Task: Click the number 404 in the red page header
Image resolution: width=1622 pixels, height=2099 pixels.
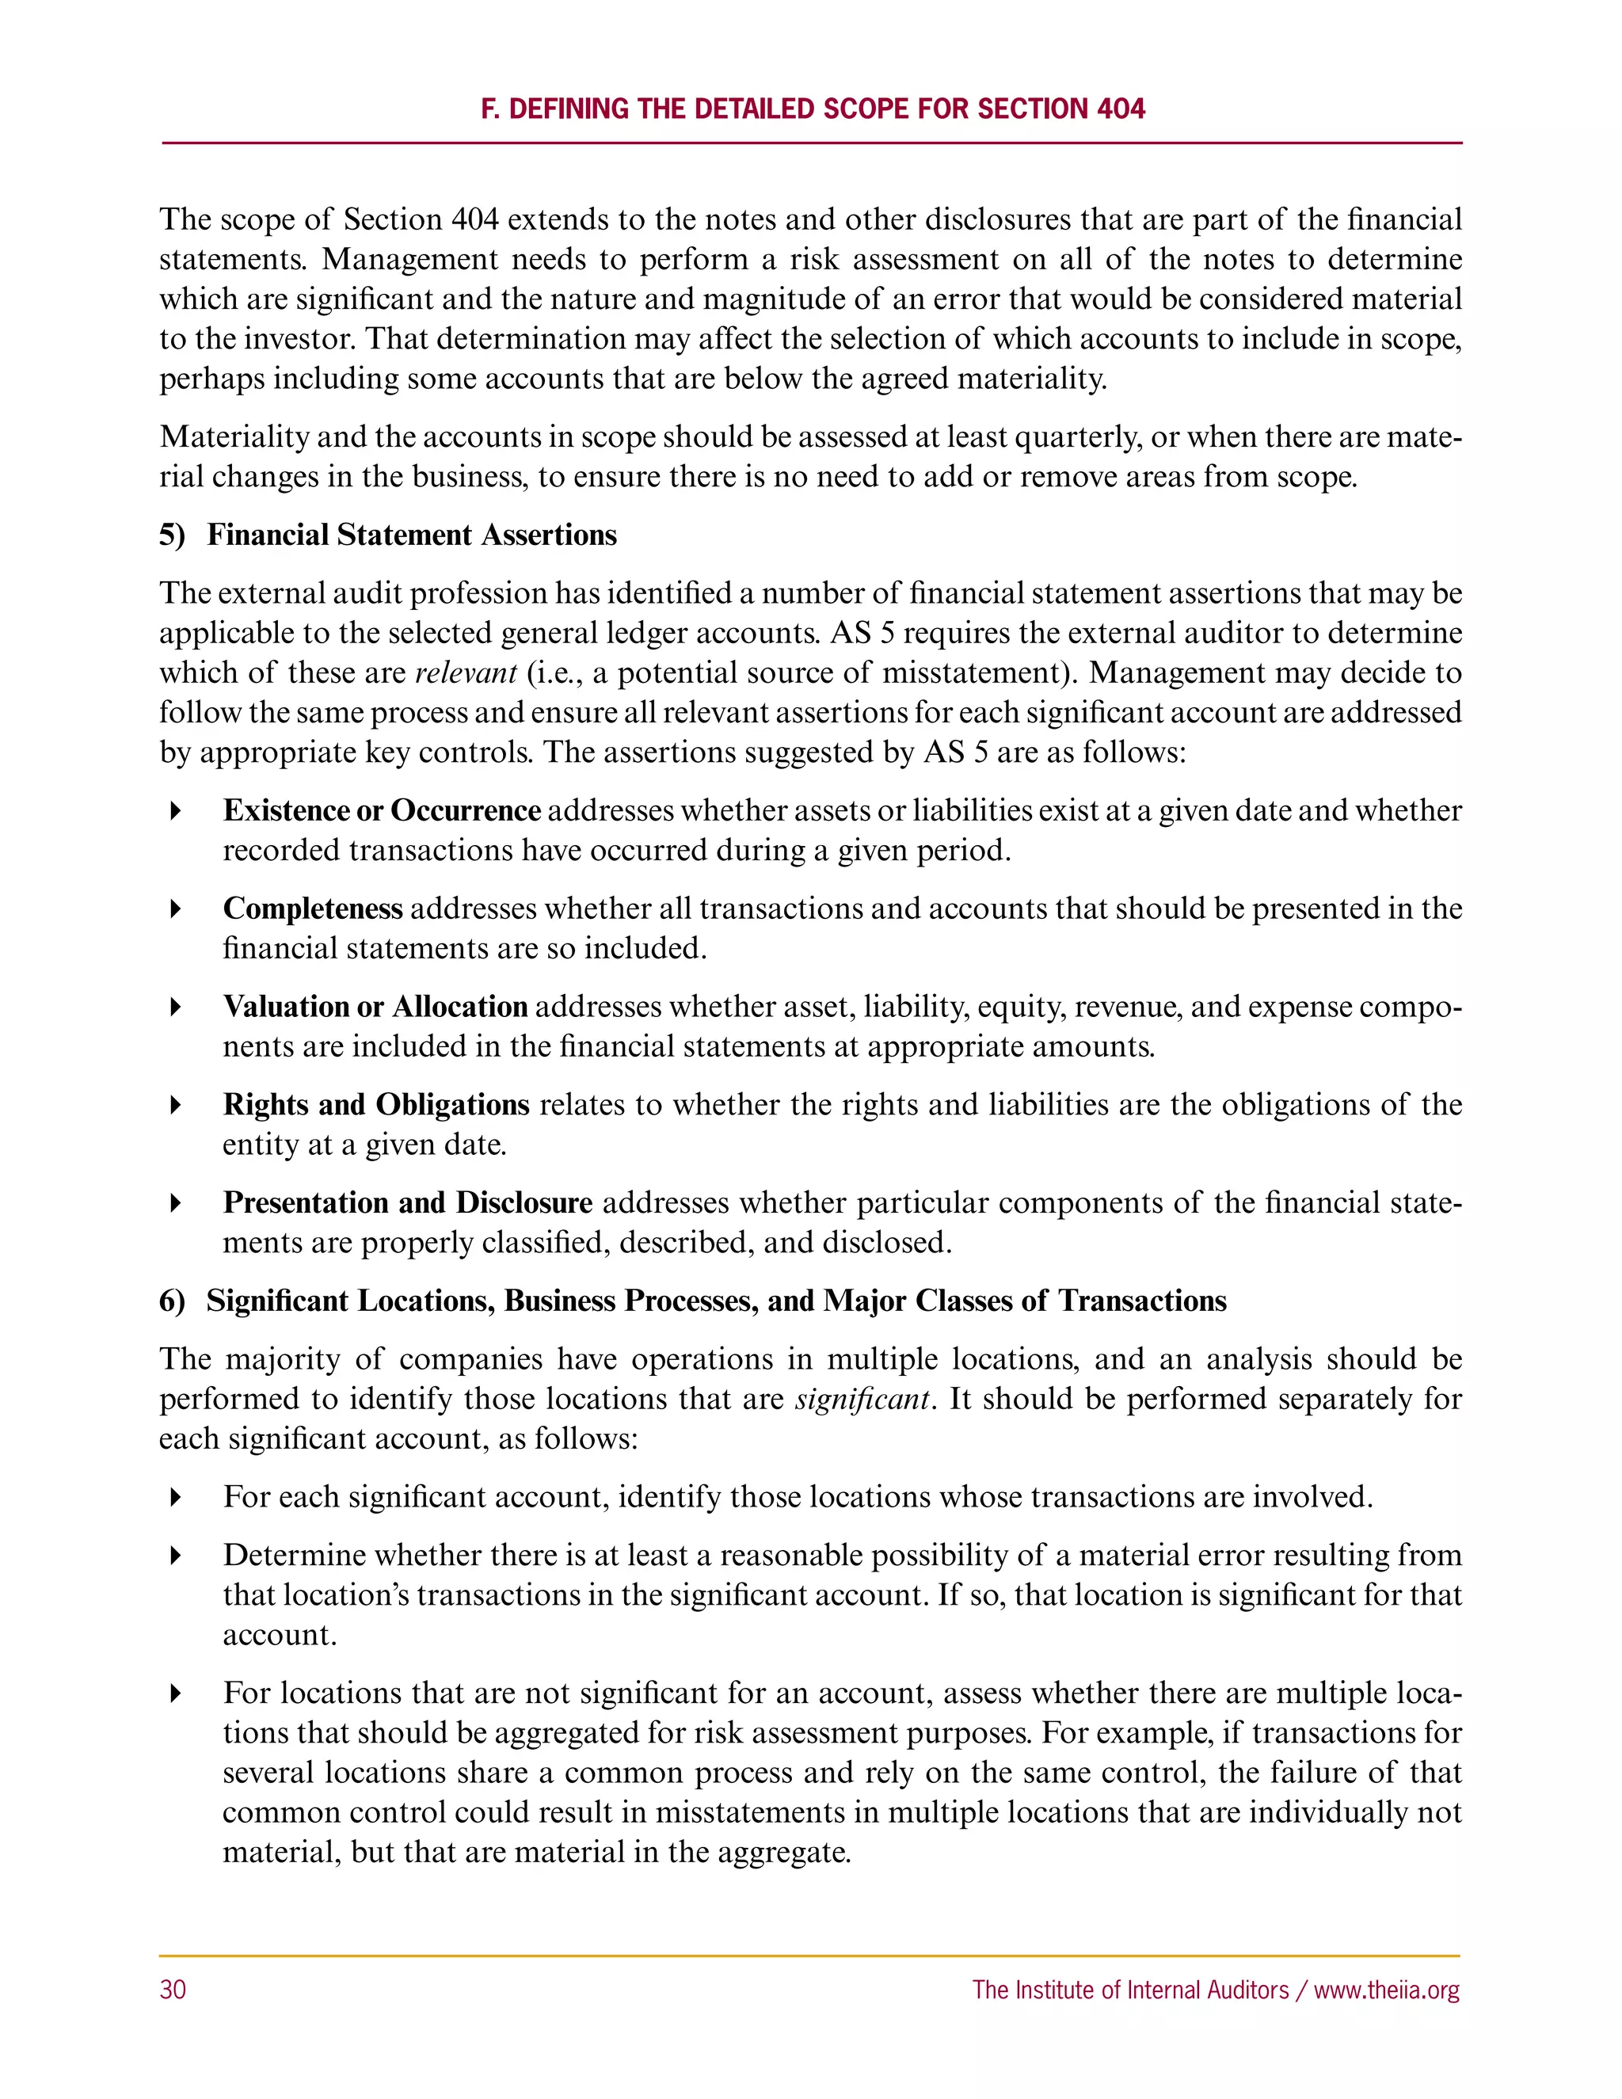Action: click(1121, 109)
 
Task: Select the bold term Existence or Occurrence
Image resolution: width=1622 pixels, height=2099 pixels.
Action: click(382, 810)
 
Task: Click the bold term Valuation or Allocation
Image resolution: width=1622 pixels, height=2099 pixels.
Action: click(375, 1006)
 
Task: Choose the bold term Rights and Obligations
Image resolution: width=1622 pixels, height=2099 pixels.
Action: click(375, 1104)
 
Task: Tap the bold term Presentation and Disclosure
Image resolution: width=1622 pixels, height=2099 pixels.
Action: click(407, 1202)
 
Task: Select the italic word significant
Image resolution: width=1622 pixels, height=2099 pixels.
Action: click(862, 1398)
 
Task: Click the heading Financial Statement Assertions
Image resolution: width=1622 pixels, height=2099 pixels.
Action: click(411, 535)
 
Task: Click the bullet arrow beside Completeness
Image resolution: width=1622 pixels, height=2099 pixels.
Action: click(175, 909)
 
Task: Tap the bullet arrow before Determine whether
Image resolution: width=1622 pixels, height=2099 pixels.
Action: click(175, 1555)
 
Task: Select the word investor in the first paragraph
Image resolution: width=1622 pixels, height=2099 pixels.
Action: click(305, 338)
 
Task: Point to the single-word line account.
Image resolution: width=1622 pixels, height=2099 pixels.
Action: click(279, 1635)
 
